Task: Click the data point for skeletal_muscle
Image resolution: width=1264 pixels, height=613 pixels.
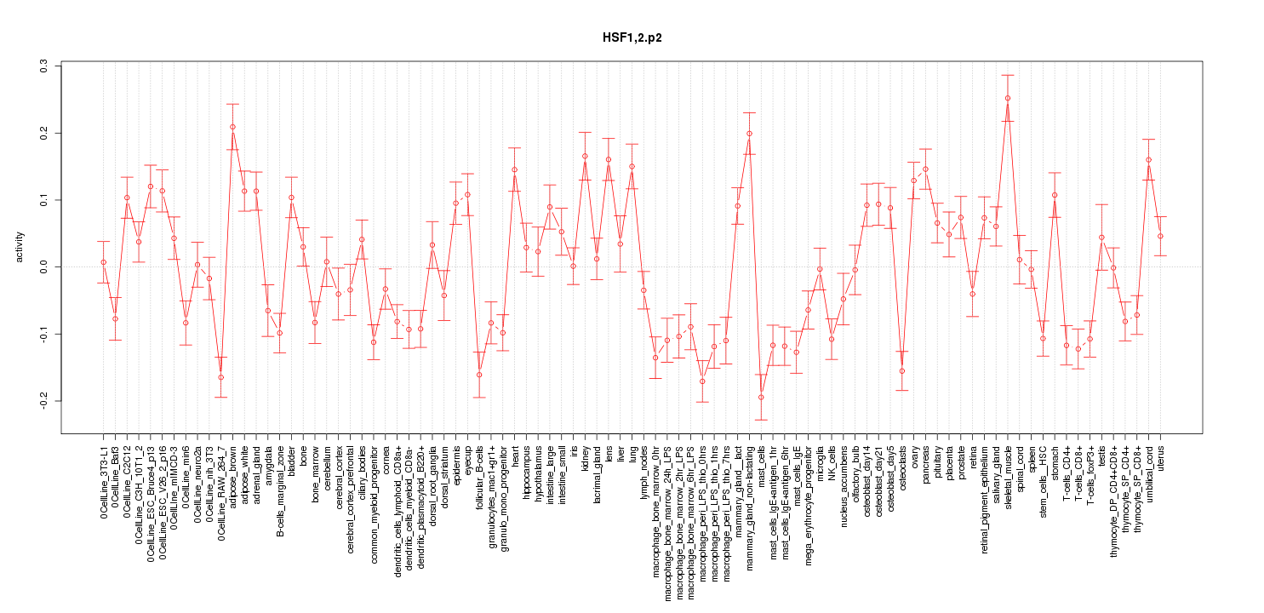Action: click(x=1008, y=98)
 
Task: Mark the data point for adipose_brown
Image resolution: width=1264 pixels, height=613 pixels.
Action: click(x=232, y=127)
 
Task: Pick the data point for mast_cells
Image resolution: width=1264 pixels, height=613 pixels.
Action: click(x=761, y=397)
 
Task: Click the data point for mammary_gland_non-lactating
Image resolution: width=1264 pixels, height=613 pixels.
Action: click(x=749, y=133)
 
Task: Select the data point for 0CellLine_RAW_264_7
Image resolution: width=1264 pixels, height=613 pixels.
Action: click(x=220, y=377)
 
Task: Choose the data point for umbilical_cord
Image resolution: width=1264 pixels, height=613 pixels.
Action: click(x=1149, y=160)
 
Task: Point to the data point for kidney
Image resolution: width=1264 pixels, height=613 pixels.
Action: click(x=585, y=156)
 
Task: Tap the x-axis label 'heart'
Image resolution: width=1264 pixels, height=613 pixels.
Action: click(x=515, y=456)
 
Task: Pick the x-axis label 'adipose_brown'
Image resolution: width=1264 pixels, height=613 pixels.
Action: click(x=232, y=476)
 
